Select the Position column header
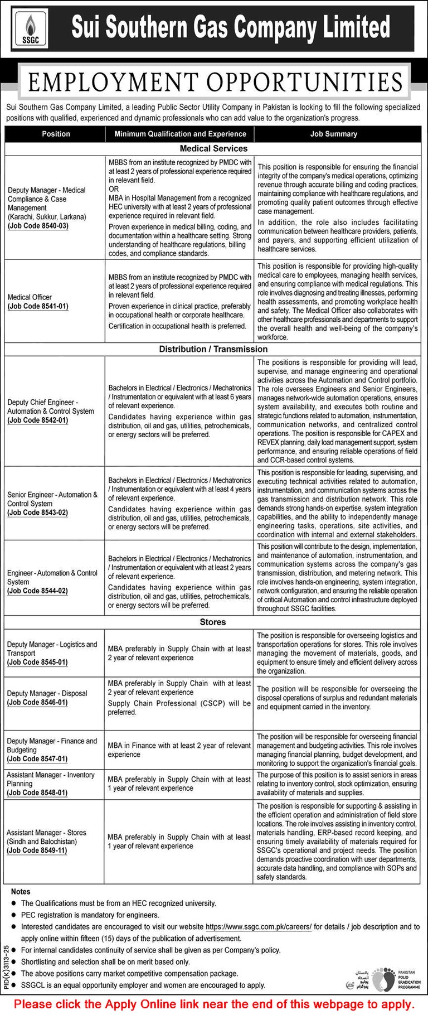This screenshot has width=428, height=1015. tap(56, 134)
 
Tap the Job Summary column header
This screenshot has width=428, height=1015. tap(333, 134)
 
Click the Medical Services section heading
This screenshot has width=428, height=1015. tap(213, 148)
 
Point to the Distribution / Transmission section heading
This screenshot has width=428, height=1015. tap(213, 349)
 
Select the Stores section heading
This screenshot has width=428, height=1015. tap(213, 622)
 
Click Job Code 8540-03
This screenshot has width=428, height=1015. tap(38, 226)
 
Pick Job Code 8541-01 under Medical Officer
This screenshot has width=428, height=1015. tap(38, 306)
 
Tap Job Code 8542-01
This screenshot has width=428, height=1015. tap(38, 420)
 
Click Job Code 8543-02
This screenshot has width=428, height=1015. tap(38, 513)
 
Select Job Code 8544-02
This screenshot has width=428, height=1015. tap(38, 591)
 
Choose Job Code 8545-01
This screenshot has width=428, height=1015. tap(37, 662)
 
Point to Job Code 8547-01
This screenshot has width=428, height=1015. tap(37, 759)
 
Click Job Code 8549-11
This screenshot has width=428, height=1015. tap(37, 850)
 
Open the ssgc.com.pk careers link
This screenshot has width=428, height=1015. tap(259, 926)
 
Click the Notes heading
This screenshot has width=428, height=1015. tap(21, 892)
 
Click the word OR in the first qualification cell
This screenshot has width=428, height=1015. tap(114, 189)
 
